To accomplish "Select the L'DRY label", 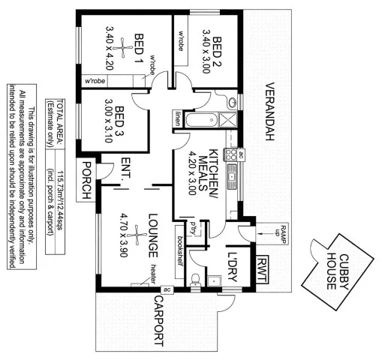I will click(232, 264).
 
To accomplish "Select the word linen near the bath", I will click(178, 117).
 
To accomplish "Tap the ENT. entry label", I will click(125, 168).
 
